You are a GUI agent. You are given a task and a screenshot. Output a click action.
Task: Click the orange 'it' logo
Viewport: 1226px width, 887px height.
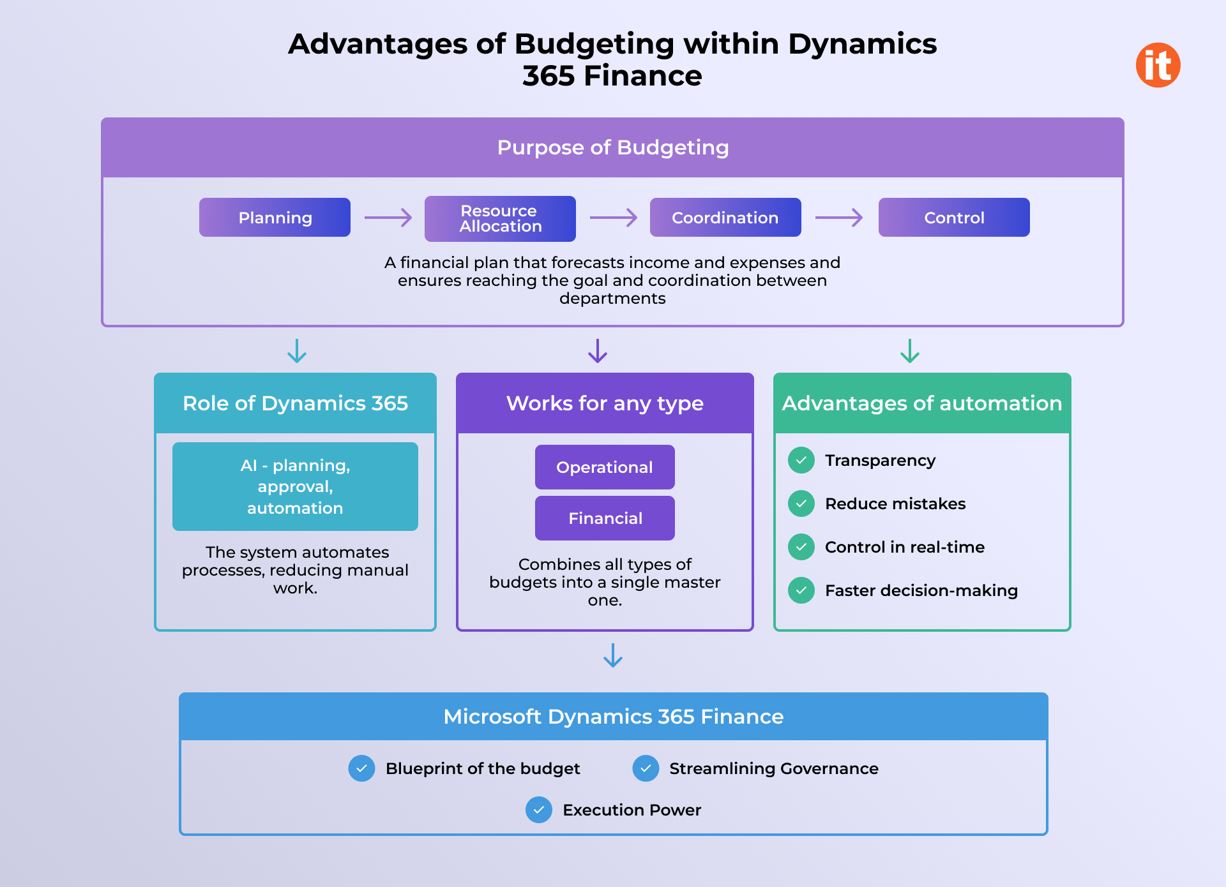coord(1158,65)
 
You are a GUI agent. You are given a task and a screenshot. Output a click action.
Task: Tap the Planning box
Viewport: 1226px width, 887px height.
coord(275,218)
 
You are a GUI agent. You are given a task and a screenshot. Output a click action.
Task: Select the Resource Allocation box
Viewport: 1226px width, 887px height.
coord(500,218)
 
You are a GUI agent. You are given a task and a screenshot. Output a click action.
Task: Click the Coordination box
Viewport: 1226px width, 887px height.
coord(725,218)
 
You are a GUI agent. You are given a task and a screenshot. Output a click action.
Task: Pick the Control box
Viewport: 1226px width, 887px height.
coord(954,218)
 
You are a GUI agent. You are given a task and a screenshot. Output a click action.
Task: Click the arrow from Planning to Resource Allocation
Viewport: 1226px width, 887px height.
coord(388,218)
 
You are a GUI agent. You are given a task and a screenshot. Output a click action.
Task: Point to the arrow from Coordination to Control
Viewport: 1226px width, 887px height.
coord(839,218)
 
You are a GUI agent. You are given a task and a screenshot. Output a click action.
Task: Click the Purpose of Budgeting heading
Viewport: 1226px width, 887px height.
coord(612,147)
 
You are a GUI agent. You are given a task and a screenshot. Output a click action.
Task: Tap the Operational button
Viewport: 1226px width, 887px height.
coord(605,467)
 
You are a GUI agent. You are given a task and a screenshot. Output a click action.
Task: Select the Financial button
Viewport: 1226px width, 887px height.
coord(605,518)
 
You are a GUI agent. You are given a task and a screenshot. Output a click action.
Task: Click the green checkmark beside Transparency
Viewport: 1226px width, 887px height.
coord(801,460)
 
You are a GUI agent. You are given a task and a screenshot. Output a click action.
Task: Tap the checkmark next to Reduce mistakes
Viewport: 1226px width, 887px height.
coord(801,503)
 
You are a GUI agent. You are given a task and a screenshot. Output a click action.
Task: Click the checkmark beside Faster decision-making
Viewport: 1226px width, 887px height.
coord(801,590)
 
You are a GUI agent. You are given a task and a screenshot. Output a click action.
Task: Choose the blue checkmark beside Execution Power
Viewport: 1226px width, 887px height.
coord(539,810)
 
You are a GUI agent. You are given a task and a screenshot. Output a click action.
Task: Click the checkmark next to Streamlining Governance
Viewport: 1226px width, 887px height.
coord(646,768)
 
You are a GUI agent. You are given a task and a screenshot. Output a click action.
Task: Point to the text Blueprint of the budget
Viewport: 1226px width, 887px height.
coord(483,768)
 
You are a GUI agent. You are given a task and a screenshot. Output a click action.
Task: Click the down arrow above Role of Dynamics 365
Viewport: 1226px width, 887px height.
coord(297,351)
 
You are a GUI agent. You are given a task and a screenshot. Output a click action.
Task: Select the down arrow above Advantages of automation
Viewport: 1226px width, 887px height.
coord(910,351)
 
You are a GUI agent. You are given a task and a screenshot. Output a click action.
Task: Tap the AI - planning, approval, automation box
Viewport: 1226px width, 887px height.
coord(295,486)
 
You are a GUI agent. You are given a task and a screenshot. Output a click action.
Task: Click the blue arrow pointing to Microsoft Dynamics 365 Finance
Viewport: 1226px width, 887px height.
coord(613,655)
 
